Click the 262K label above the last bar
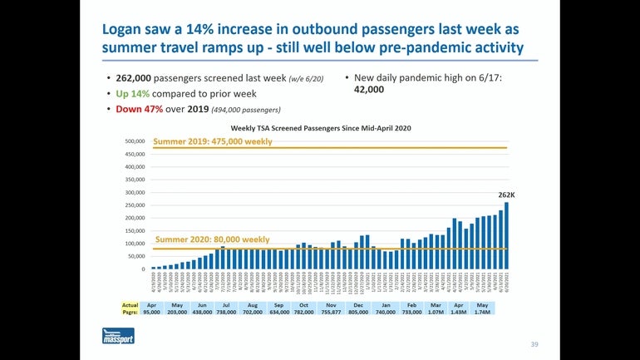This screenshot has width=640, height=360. pos(506,195)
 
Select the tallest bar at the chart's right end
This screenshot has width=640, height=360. pos(506,236)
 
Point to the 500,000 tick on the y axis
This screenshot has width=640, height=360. pos(135,141)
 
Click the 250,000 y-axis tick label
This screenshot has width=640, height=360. pos(135,205)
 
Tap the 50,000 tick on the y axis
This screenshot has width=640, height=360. pos(136,257)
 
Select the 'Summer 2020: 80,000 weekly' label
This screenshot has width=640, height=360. pos(212,239)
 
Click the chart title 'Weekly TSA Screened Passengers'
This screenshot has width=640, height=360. pos(320,128)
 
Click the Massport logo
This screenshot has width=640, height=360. pos(118,336)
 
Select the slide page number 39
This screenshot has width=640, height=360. pos(534,343)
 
